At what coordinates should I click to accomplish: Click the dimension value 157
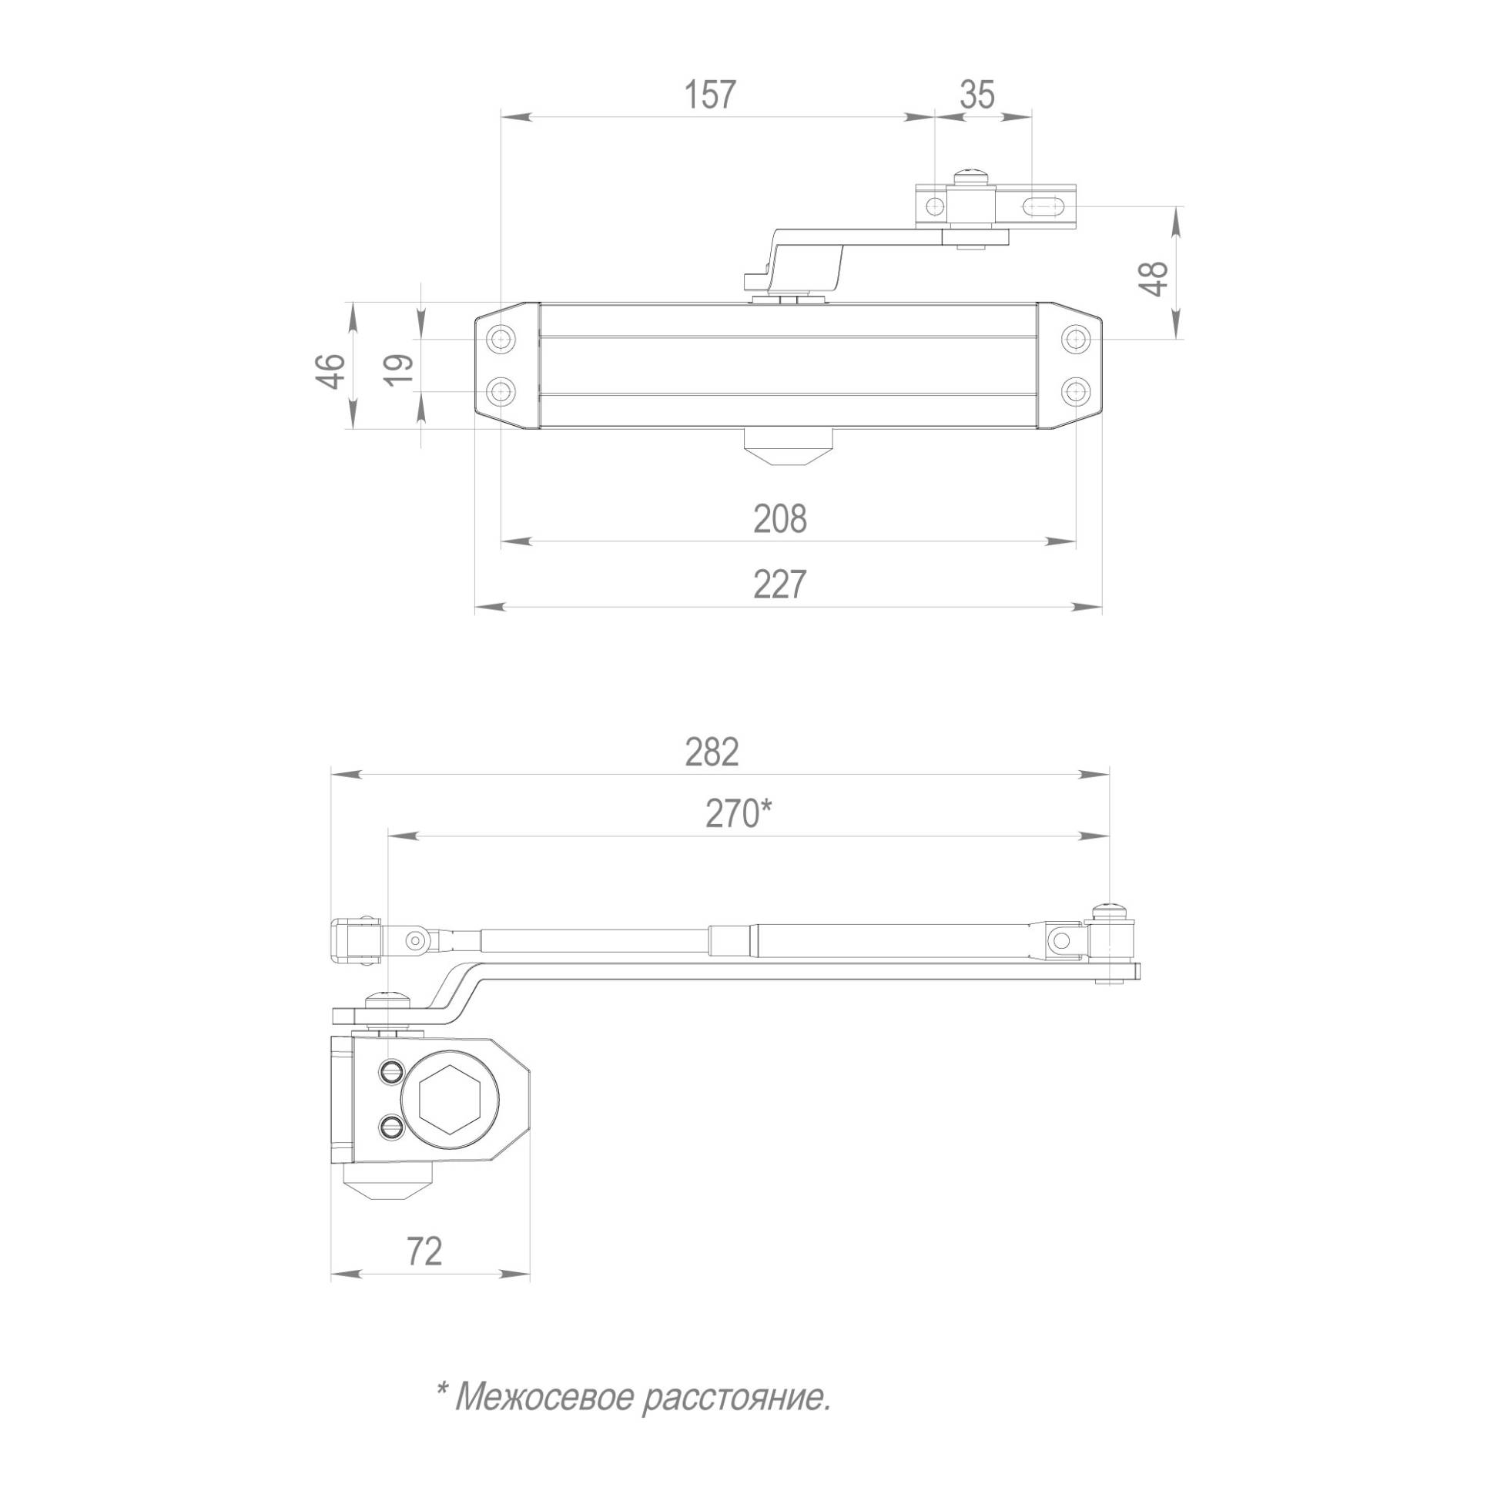tap(709, 95)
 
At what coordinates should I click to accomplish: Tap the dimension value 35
tap(977, 95)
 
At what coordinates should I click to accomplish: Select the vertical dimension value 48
tap(1154, 278)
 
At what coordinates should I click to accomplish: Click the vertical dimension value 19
tap(399, 372)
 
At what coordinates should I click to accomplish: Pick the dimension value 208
tap(779, 519)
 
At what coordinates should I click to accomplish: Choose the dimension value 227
tap(779, 585)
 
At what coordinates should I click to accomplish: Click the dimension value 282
tap(712, 752)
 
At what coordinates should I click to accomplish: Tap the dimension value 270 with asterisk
tap(738, 813)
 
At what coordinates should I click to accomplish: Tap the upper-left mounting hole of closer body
tap(503, 339)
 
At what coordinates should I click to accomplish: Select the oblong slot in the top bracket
tap(1044, 206)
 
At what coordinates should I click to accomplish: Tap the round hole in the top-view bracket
tap(935, 206)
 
